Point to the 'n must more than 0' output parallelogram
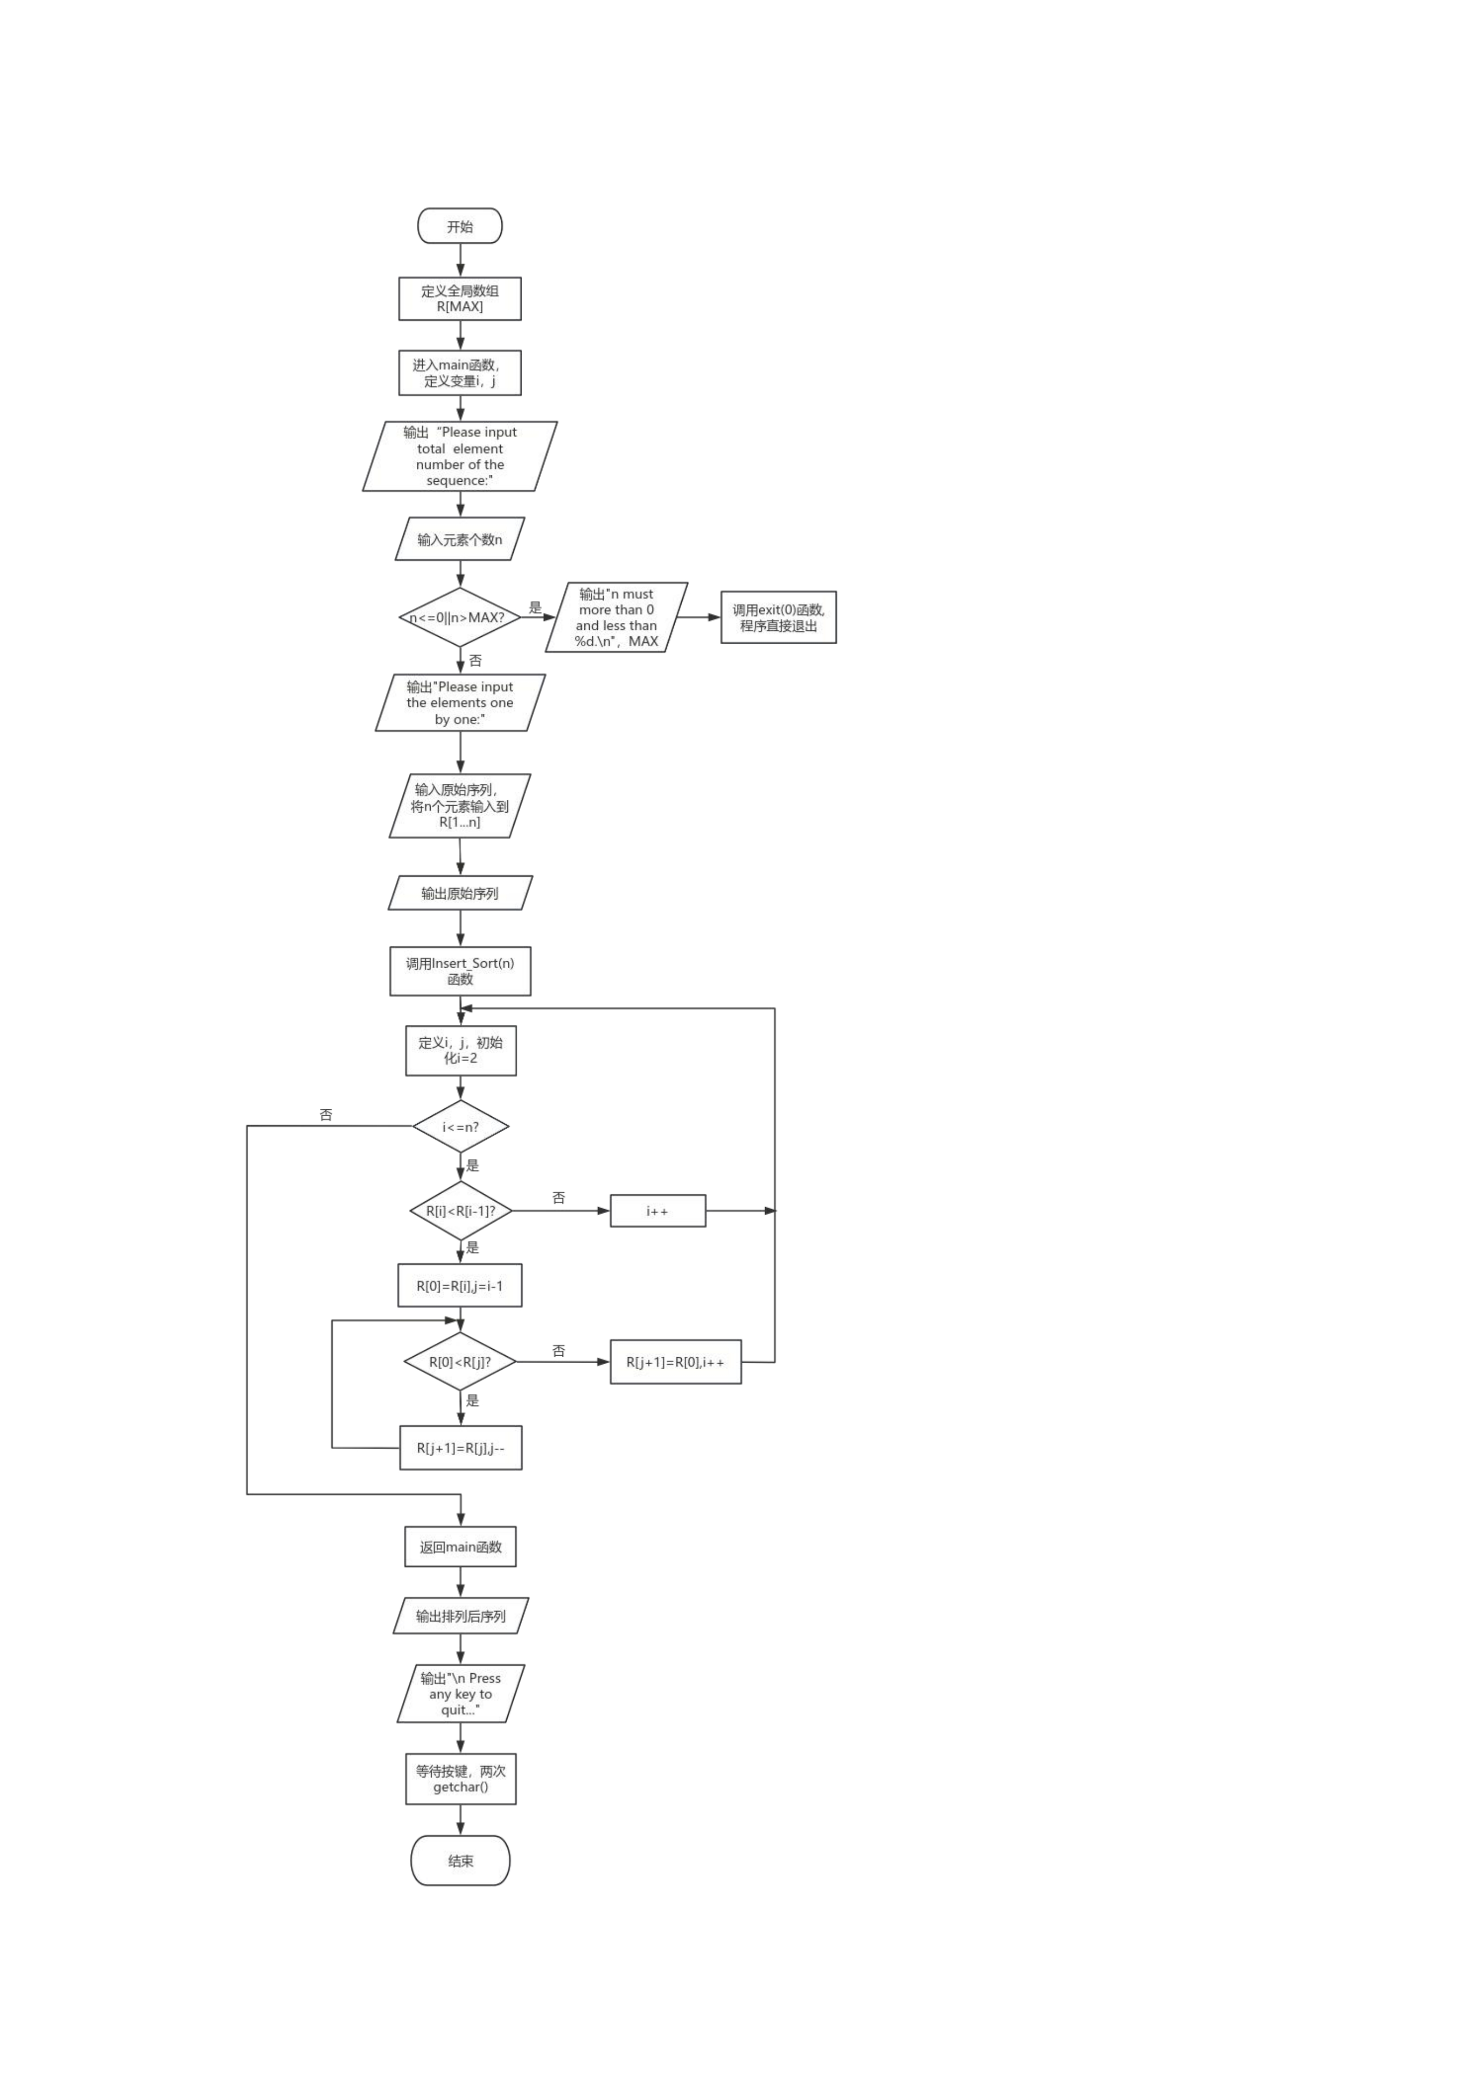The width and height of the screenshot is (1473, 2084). pyautogui.click(x=616, y=617)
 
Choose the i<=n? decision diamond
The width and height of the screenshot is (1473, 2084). pyautogui.click(x=460, y=1126)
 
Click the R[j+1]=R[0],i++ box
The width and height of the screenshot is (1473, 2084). pyautogui.click(x=675, y=1361)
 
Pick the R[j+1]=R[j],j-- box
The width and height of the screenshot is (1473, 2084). pyautogui.click(x=460, y=1448)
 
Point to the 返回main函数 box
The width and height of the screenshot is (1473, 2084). pyautogui.click(x=460, y=1547)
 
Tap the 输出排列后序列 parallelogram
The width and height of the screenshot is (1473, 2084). pyautogui.click(x=460, y=1616)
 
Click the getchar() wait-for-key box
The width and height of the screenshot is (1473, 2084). pyautogui.click(x=460, y=1779)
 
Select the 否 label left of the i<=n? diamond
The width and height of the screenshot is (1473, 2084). pyautogui.click(x=326, y=1114)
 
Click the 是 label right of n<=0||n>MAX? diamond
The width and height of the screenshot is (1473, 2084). pyautogui.click(x=536, y=607)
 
